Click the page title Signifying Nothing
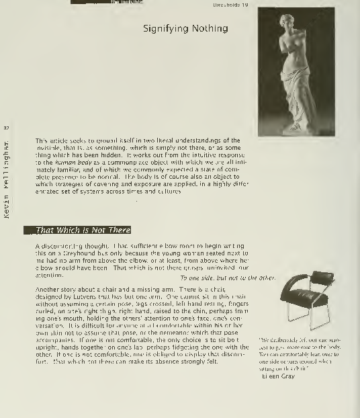tap(185, 29)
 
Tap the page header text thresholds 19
tap(230, 5)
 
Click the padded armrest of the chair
tap(322, 277)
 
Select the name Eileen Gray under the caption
tap(275, 376)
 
